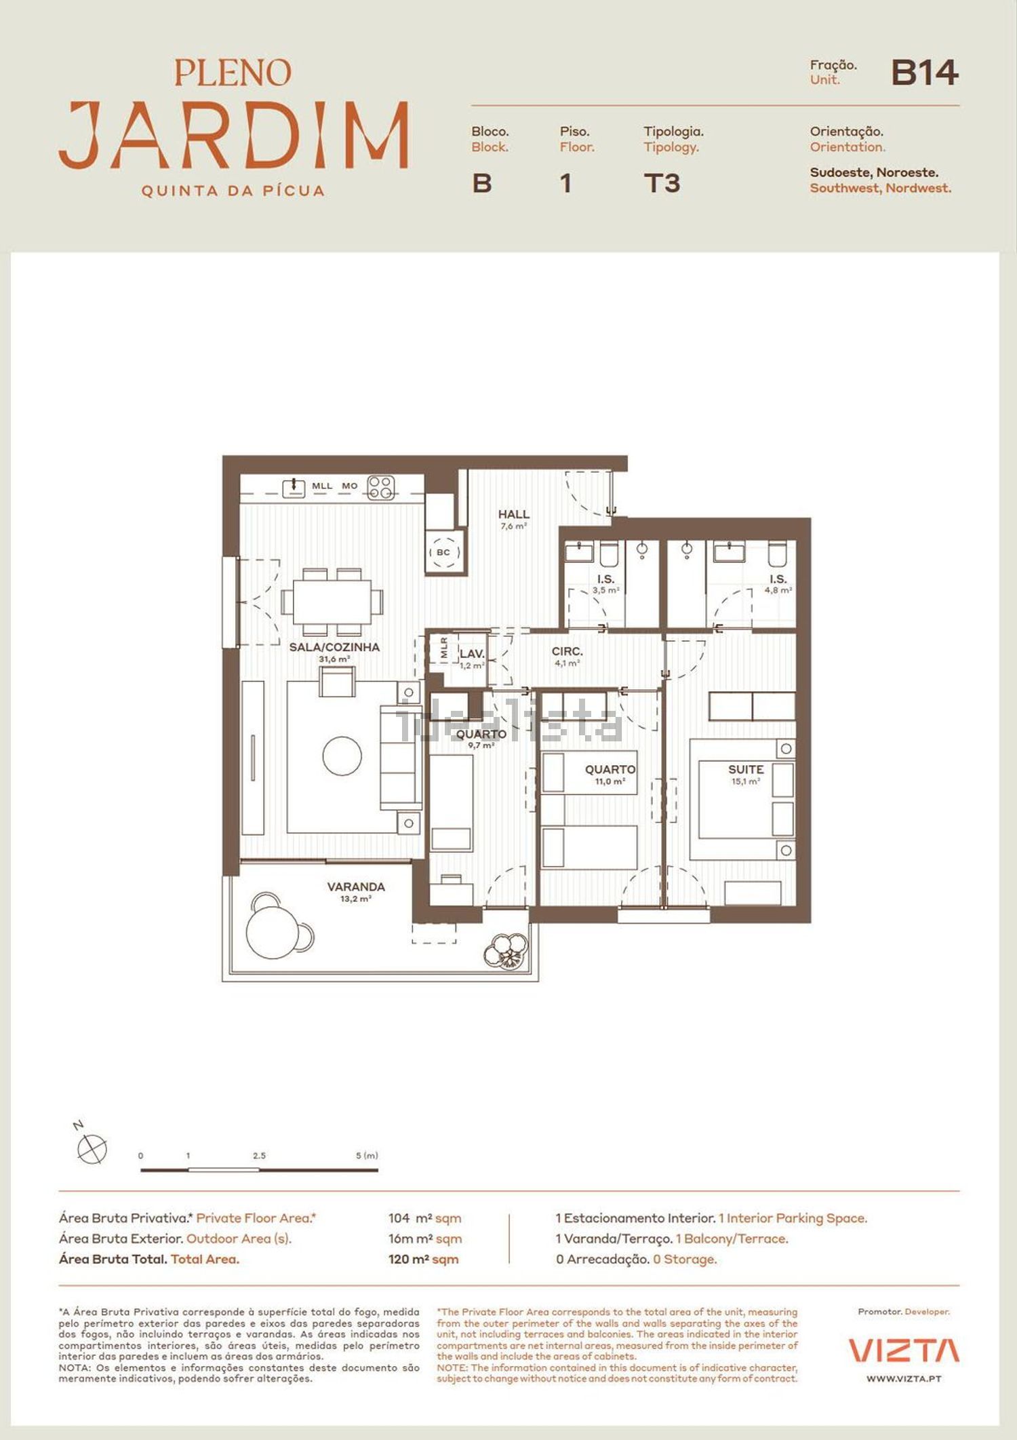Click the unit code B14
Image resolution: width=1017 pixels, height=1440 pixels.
click(x=925, y=73)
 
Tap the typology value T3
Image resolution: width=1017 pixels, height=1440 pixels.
click(x=662, y=183)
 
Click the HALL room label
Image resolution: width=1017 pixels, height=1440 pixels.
click(x=514, y=514)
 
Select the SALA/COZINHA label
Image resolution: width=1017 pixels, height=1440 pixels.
click(x=334, y=647)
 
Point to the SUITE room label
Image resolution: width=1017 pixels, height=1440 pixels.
click(x=746, y=769)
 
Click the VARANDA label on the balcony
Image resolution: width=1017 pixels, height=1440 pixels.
click(x=356, y=887)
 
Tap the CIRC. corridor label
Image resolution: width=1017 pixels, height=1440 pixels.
click(x=567, y=651)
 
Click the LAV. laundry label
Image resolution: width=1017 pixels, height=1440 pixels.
click(x=472, y=654)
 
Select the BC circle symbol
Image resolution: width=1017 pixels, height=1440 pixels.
click(x=444, y=552)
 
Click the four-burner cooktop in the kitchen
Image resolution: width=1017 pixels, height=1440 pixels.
click(x=381, y=487)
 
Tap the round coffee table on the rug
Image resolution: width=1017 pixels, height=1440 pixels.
click(x=342, y=756)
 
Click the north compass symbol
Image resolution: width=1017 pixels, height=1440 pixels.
click(x=92, y=1148)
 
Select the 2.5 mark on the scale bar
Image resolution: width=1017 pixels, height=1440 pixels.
click(x=259, y=1155)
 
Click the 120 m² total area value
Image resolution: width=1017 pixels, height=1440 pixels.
click(x=423, y=1259)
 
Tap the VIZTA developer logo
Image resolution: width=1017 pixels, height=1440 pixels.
click(x=904, y=1350)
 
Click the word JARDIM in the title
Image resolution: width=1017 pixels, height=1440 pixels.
click(x=234, y=135)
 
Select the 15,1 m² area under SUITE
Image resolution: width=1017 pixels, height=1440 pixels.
click(x=746, y=781)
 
